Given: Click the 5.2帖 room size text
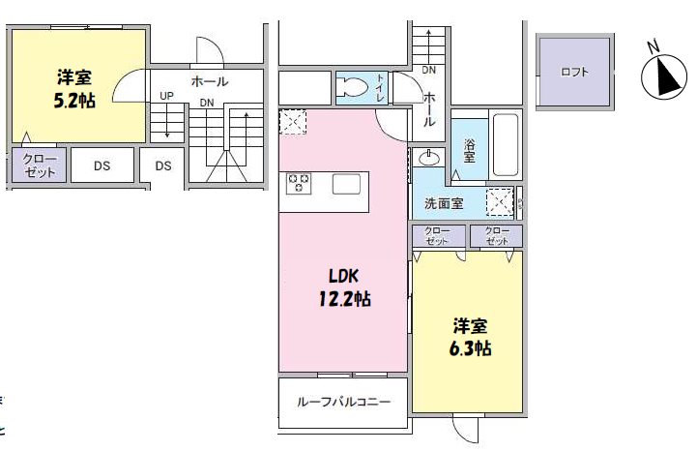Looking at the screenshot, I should (74, 100).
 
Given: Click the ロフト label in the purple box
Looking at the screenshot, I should (574, 73).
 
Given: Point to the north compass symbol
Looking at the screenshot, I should (663, 75).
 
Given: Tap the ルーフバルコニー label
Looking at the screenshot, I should (343, 402).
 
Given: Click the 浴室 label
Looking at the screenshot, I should (469, 148).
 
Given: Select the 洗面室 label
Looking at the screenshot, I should (444, 203).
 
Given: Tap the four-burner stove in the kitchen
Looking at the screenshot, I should (298, 182).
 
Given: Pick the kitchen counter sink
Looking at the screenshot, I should (346, 183).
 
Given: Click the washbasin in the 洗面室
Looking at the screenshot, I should (429, 158).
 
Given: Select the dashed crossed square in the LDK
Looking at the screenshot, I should (292, 123).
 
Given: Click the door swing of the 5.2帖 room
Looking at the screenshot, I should (130, 88).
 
